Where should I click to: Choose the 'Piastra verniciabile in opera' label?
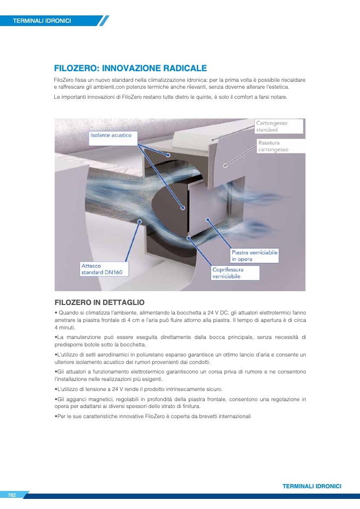click(254, 256)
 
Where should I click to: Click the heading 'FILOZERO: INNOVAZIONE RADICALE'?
click(130, 68)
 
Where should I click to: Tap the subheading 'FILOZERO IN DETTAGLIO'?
click(99, 302)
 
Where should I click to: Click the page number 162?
click(12, 495)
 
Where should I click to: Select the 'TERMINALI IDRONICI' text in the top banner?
click(42, 21)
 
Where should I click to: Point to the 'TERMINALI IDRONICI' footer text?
click(312, 486)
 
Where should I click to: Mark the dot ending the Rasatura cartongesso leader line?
click(225, 166)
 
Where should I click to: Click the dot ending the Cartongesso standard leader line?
click(212, 140)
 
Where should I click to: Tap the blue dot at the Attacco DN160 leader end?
click(140, 222)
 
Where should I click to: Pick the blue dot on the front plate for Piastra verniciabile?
click(207, 220)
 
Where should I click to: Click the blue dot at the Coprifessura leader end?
click(188, 238)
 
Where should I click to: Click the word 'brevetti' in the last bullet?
click(201, 416)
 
